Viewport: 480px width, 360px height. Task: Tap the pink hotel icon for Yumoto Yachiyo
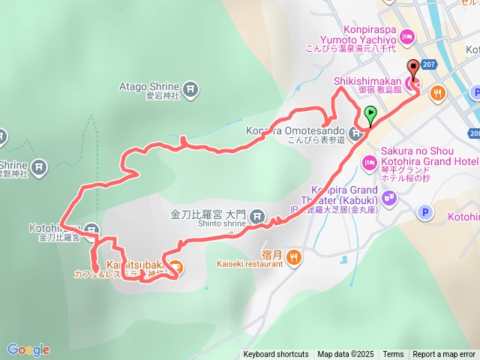pyautogui.click(x=407, y=35)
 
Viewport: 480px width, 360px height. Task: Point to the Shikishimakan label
pyautogui.click(x=367, y=80)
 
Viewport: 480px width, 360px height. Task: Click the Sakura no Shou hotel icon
pyautogui.click(x=369, y=162)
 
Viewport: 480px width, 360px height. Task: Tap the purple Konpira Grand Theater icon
pyautogui.click(x=388, y=198)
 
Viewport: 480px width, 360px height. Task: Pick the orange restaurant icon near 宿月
pyautogui.click(x=294, y=257)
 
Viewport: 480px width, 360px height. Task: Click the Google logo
pyautogui.click(x=28, y=349)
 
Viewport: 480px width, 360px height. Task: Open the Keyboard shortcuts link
pyautogui.click(x=275, y=355)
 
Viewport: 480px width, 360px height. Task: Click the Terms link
pyautogui.click(x=393, y=355)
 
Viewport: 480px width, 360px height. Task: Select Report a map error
pyautogui.click(x=444, y=355)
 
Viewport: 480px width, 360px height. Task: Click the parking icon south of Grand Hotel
pyautogui.click(x=425, y=213)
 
